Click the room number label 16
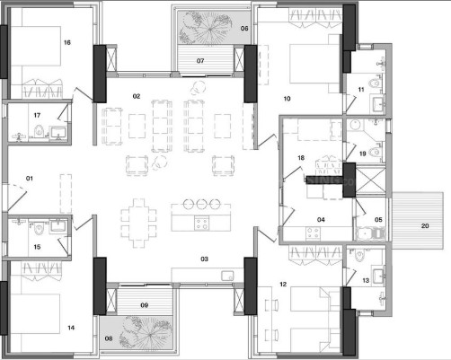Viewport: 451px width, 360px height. coord(67,42)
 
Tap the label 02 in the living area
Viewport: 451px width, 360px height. coord(137,96)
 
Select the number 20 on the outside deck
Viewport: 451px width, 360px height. coord(425,226)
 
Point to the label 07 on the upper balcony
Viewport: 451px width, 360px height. coord(200,61)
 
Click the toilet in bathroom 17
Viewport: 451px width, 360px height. coord(39,131)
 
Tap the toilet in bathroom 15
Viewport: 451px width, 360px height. coord(39,228)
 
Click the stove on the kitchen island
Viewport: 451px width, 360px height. coord(201,224)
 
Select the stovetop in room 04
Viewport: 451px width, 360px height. coord(313,233)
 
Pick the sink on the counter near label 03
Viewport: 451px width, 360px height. coord(227,276)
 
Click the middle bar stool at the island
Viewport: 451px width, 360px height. coord(200,204)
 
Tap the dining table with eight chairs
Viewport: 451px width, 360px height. coord(138,224)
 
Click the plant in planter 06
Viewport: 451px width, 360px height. coord(206,29)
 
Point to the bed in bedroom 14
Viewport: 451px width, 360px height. coord(35,313)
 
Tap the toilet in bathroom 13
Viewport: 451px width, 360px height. coord(359,256)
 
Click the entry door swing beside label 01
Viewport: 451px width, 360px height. coord(16,197)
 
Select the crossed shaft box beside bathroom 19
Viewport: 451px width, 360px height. coord(370,181)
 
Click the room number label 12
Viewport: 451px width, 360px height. coord(283,285)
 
